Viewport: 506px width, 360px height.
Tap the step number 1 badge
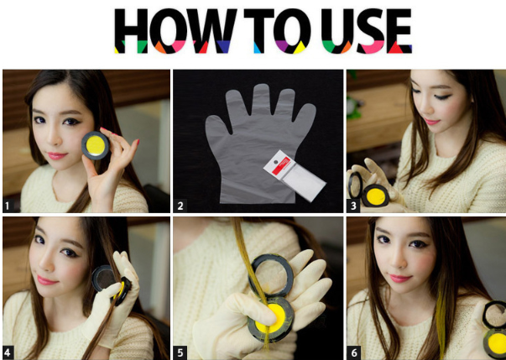click(9, 204)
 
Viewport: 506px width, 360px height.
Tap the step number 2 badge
click(180, 204)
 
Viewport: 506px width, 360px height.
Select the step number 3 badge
click(353, 204)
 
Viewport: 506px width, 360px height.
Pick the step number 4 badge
click(9, 351)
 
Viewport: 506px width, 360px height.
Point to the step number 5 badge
click(180, 351)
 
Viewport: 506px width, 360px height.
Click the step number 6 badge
click(353, 351)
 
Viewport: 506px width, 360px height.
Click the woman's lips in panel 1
click(56, 154)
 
